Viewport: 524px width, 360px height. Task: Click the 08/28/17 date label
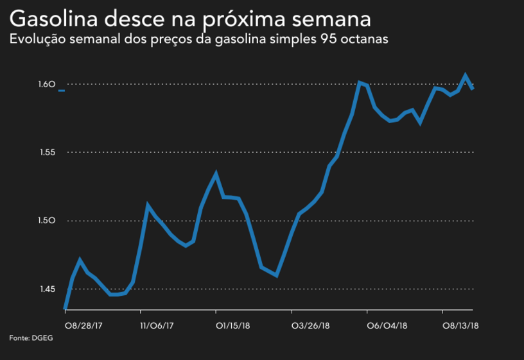[83, 325]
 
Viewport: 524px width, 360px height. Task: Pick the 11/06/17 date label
[157, 325]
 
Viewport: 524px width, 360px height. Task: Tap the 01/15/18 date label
[232, 325]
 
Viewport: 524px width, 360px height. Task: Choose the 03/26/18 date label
[311, 325]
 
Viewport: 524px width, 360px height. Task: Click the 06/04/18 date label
[386, 325]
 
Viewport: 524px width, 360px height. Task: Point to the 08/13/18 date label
[461, 325]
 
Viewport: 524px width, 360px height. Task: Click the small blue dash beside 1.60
[61, 91]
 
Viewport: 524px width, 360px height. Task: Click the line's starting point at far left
[65, 309]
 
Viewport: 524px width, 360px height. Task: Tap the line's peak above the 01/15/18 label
[216, 173]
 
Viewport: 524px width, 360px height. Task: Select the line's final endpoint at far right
[473, 89]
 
